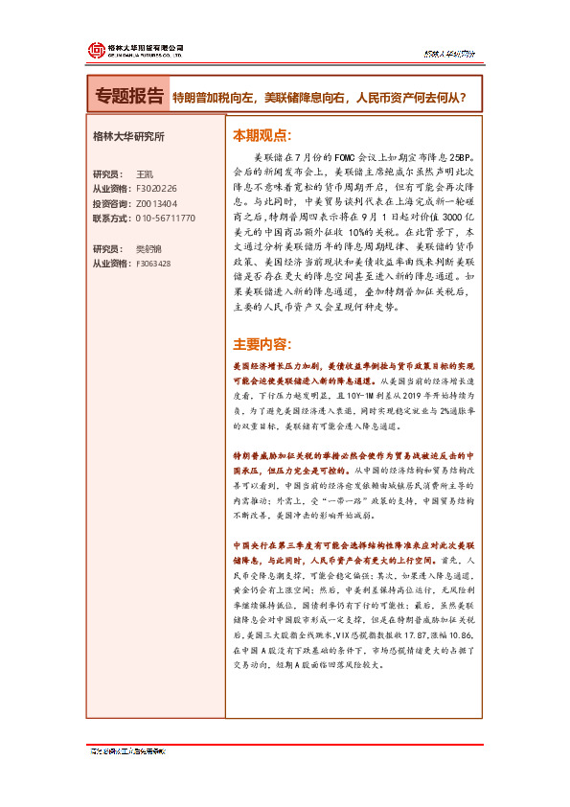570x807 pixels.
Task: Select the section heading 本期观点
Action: pyautogui.click(x=262, y=135)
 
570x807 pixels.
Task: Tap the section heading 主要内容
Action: pyautogui.click(x=262, y=344)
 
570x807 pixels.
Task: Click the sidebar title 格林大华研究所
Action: pyautogui.click(x=128, y=136)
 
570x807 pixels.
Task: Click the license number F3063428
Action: pyautogui.click(x=153, y=263)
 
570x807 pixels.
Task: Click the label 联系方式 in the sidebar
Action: pyautogui.click(x=113, y=218)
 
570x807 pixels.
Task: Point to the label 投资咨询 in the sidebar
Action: pyautogui.click(x=113, y=203)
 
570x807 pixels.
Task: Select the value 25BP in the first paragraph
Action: pyautogui.click(x=462, y=154)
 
